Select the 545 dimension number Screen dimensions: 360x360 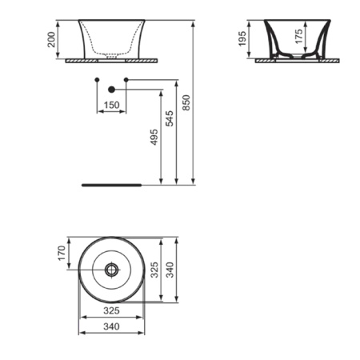pos(169,118)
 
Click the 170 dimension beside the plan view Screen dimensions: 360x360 pos(62,254)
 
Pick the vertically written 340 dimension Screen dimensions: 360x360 pos(170,271)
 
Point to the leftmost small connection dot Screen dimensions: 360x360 pos(97,79)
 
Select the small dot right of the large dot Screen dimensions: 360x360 pos(126,79)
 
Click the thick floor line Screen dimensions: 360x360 pos(112,184)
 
